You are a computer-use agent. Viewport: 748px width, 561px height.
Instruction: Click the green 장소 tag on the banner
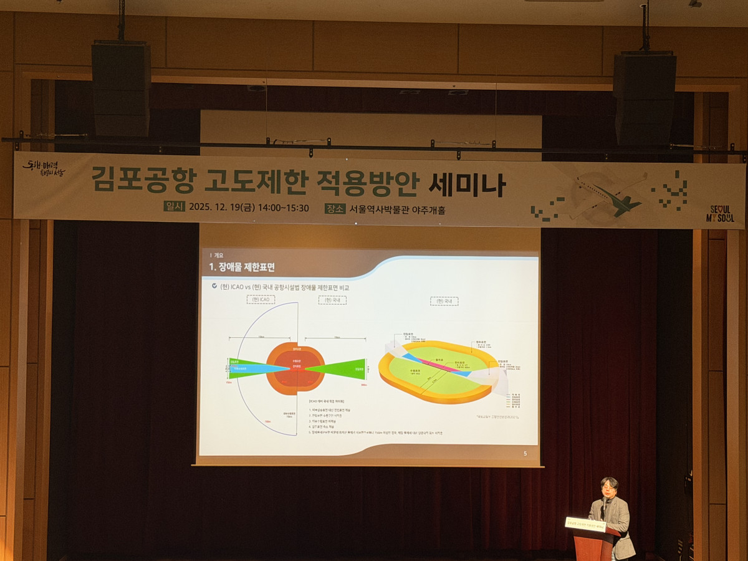[335, 208]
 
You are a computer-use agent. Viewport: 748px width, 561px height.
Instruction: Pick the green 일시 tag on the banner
[174, 207]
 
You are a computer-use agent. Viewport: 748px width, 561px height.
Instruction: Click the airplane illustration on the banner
[608, 195]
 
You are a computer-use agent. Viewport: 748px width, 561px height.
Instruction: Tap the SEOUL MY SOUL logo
[720, 214]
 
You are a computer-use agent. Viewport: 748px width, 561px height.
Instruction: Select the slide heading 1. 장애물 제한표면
[242, 267]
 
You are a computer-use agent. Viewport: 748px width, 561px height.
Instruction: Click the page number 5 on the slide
[525, 453]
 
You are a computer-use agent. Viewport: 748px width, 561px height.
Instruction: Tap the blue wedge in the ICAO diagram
[249, 369]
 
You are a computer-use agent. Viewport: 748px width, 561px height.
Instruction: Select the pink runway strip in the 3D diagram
[441, 365]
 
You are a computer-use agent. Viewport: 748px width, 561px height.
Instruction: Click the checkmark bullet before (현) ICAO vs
[215, 287]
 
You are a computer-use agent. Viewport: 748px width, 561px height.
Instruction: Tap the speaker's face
[608, 488]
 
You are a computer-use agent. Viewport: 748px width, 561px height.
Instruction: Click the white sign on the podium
[586, 525]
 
